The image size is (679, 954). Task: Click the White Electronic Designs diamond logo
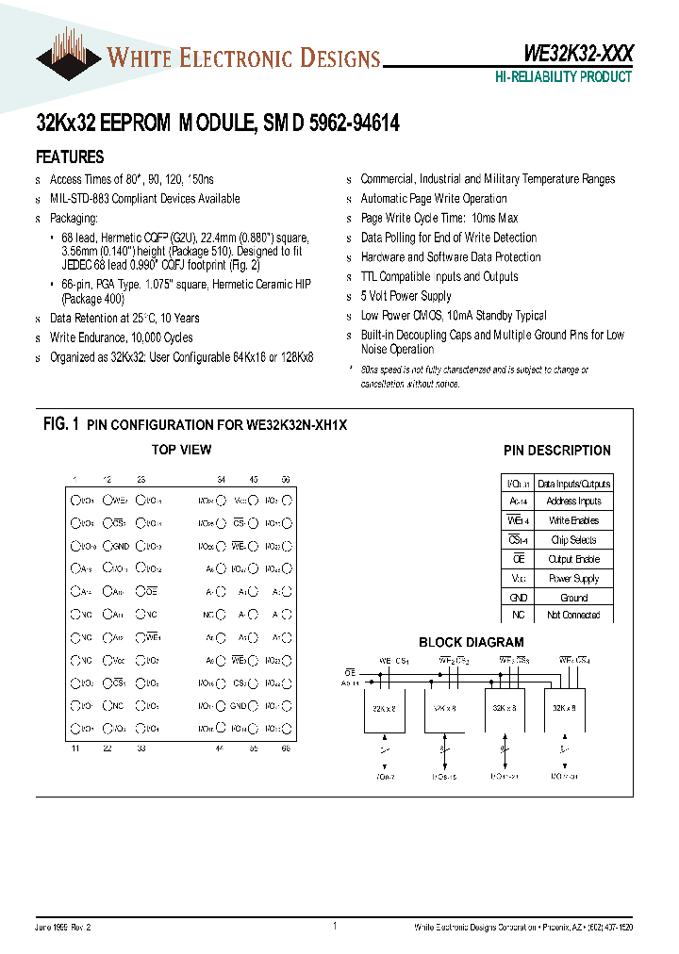pyautogui.click(x=69, y=58)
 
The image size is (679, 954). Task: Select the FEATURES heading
pyautogui.click(x=70, y=157)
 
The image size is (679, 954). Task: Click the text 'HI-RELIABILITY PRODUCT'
pyautogui.click(x=563, y=77)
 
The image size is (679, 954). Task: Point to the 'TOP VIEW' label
pyautogui.click(x=182, y=450)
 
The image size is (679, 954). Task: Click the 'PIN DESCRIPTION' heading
pyautogui.click(x=556, y=451)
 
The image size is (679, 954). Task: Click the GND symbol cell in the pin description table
pyautogui.click(x=517, y=597)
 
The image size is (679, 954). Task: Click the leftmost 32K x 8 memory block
pyautogui.click(x=385, y=708)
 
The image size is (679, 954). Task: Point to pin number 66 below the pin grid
pyautogui.click(x=286, y=748)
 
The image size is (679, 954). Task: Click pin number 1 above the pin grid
pyautogui.click(x=75, y=480)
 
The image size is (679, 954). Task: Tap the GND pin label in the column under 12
pyautogui.click(x=120, y=546)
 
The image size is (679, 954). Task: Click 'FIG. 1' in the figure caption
pyautogui.click(x=61, y=425)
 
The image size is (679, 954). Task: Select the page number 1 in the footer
pyautogui.click(x=335, y=927)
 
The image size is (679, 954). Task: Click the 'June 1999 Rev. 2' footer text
pyautogui.click(x=65, y=929)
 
